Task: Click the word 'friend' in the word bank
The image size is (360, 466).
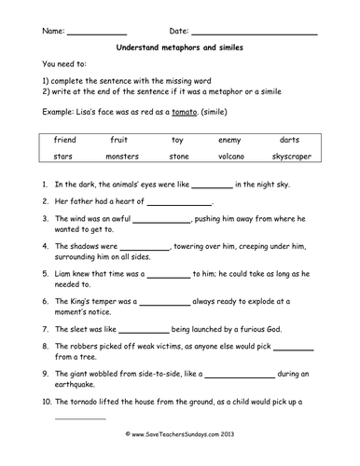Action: pyautogui.click(x=63, y=139)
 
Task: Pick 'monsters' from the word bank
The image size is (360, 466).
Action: pyautogui.click(x=121, y=157)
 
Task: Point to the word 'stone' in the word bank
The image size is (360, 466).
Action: pyautogui.click(x=178, y=157)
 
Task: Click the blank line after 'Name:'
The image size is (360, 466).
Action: pyautogui.click(x=98, y=34)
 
